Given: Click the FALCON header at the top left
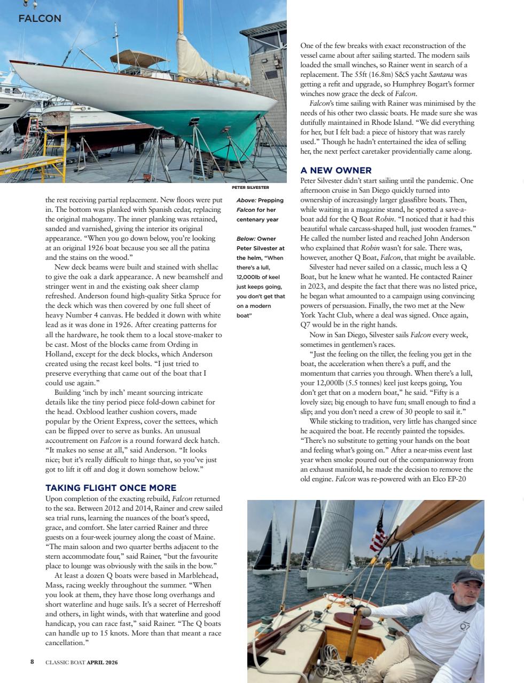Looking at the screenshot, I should [x=40, y=19].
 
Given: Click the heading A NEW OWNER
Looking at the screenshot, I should [x=336, y=171].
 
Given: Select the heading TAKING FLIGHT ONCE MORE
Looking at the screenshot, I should [x=111, y=488].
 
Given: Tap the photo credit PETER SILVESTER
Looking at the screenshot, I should [x=250, y=188].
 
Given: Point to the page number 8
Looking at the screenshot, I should [x=32, y=662].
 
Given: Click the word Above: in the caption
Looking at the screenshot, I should [x=246, y=201].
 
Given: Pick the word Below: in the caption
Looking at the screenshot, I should [x=246, y=239].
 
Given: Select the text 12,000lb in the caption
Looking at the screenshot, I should [x=250, y=277].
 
